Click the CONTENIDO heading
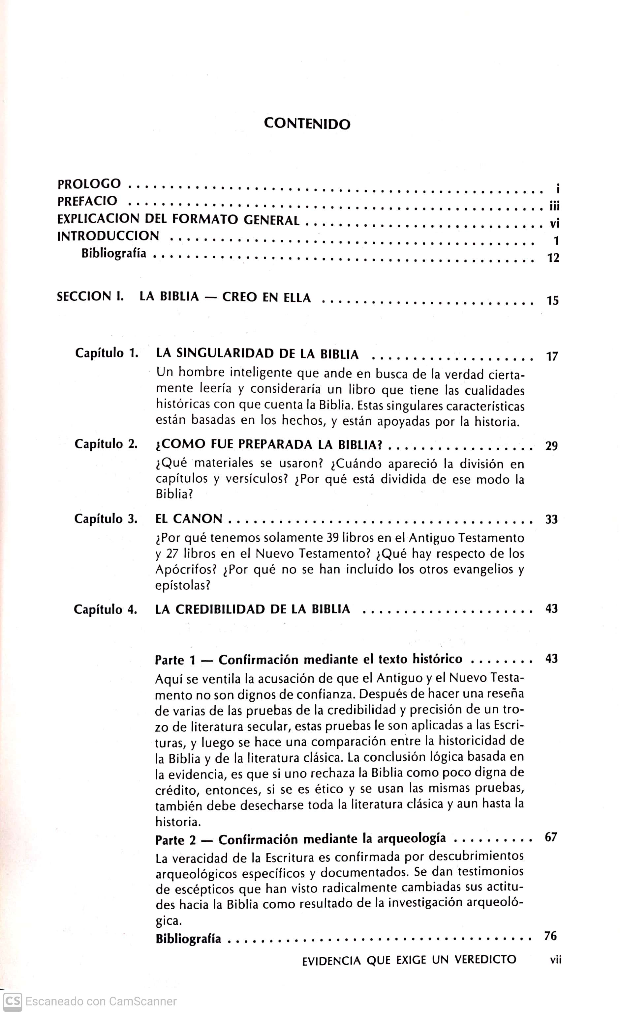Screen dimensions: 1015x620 [x=307, y=124]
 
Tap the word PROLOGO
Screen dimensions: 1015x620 [x=89, y=184]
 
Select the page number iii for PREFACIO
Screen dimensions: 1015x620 [x=554, y=206]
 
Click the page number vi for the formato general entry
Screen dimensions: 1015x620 [x=554, y=224]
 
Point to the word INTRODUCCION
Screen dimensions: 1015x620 [x=108, y=236]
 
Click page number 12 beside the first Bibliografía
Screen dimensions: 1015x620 [x=553, y=258]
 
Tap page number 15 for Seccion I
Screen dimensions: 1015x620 [x=552, y=300]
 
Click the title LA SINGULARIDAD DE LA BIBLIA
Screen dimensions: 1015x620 [x=258, y=353]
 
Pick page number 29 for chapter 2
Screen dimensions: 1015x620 [x=551, y=446]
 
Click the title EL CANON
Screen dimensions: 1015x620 [x=189, y=519]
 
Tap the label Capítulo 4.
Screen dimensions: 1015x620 [x=106, y=609]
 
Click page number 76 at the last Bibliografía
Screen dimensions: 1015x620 [x=551, y=936]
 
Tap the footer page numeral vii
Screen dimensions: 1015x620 [x=556, y=960]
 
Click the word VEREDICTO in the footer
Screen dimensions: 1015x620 [x=485, y=960]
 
